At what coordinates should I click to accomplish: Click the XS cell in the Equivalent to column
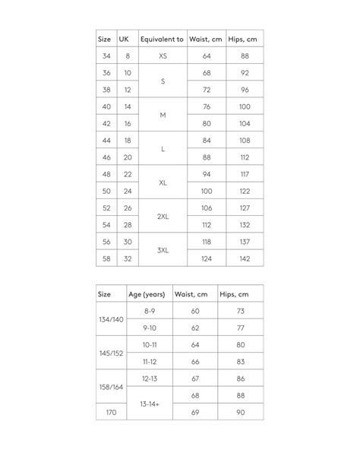(x=163, y=56)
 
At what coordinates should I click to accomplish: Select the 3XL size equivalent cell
(x=163, y=250)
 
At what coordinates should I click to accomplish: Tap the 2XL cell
(x=163, y=217)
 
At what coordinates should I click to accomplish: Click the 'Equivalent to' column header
(x=162, y=39)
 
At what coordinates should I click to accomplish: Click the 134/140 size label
(x=111, y=320)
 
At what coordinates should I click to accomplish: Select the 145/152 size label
(x=111, y=353)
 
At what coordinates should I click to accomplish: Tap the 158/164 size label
(x=111, y=387)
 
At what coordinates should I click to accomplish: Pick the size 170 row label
(x=111, y=411)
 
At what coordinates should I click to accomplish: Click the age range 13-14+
(x=150, y=404)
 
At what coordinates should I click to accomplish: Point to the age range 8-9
(x=150, y=312)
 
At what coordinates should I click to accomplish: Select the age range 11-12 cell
(x=150, y=361)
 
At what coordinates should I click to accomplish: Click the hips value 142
(x=245, y=258)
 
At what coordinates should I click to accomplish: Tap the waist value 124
(x=206, y=258)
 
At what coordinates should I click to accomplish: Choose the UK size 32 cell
(x=128, y=258)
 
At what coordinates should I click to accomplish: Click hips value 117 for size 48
(x=245, y=174)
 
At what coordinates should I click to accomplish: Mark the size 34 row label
(x=106, y=56)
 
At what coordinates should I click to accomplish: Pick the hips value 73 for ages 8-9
(x=241, y=312)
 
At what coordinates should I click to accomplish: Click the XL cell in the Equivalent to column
(x=163, y=182)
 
